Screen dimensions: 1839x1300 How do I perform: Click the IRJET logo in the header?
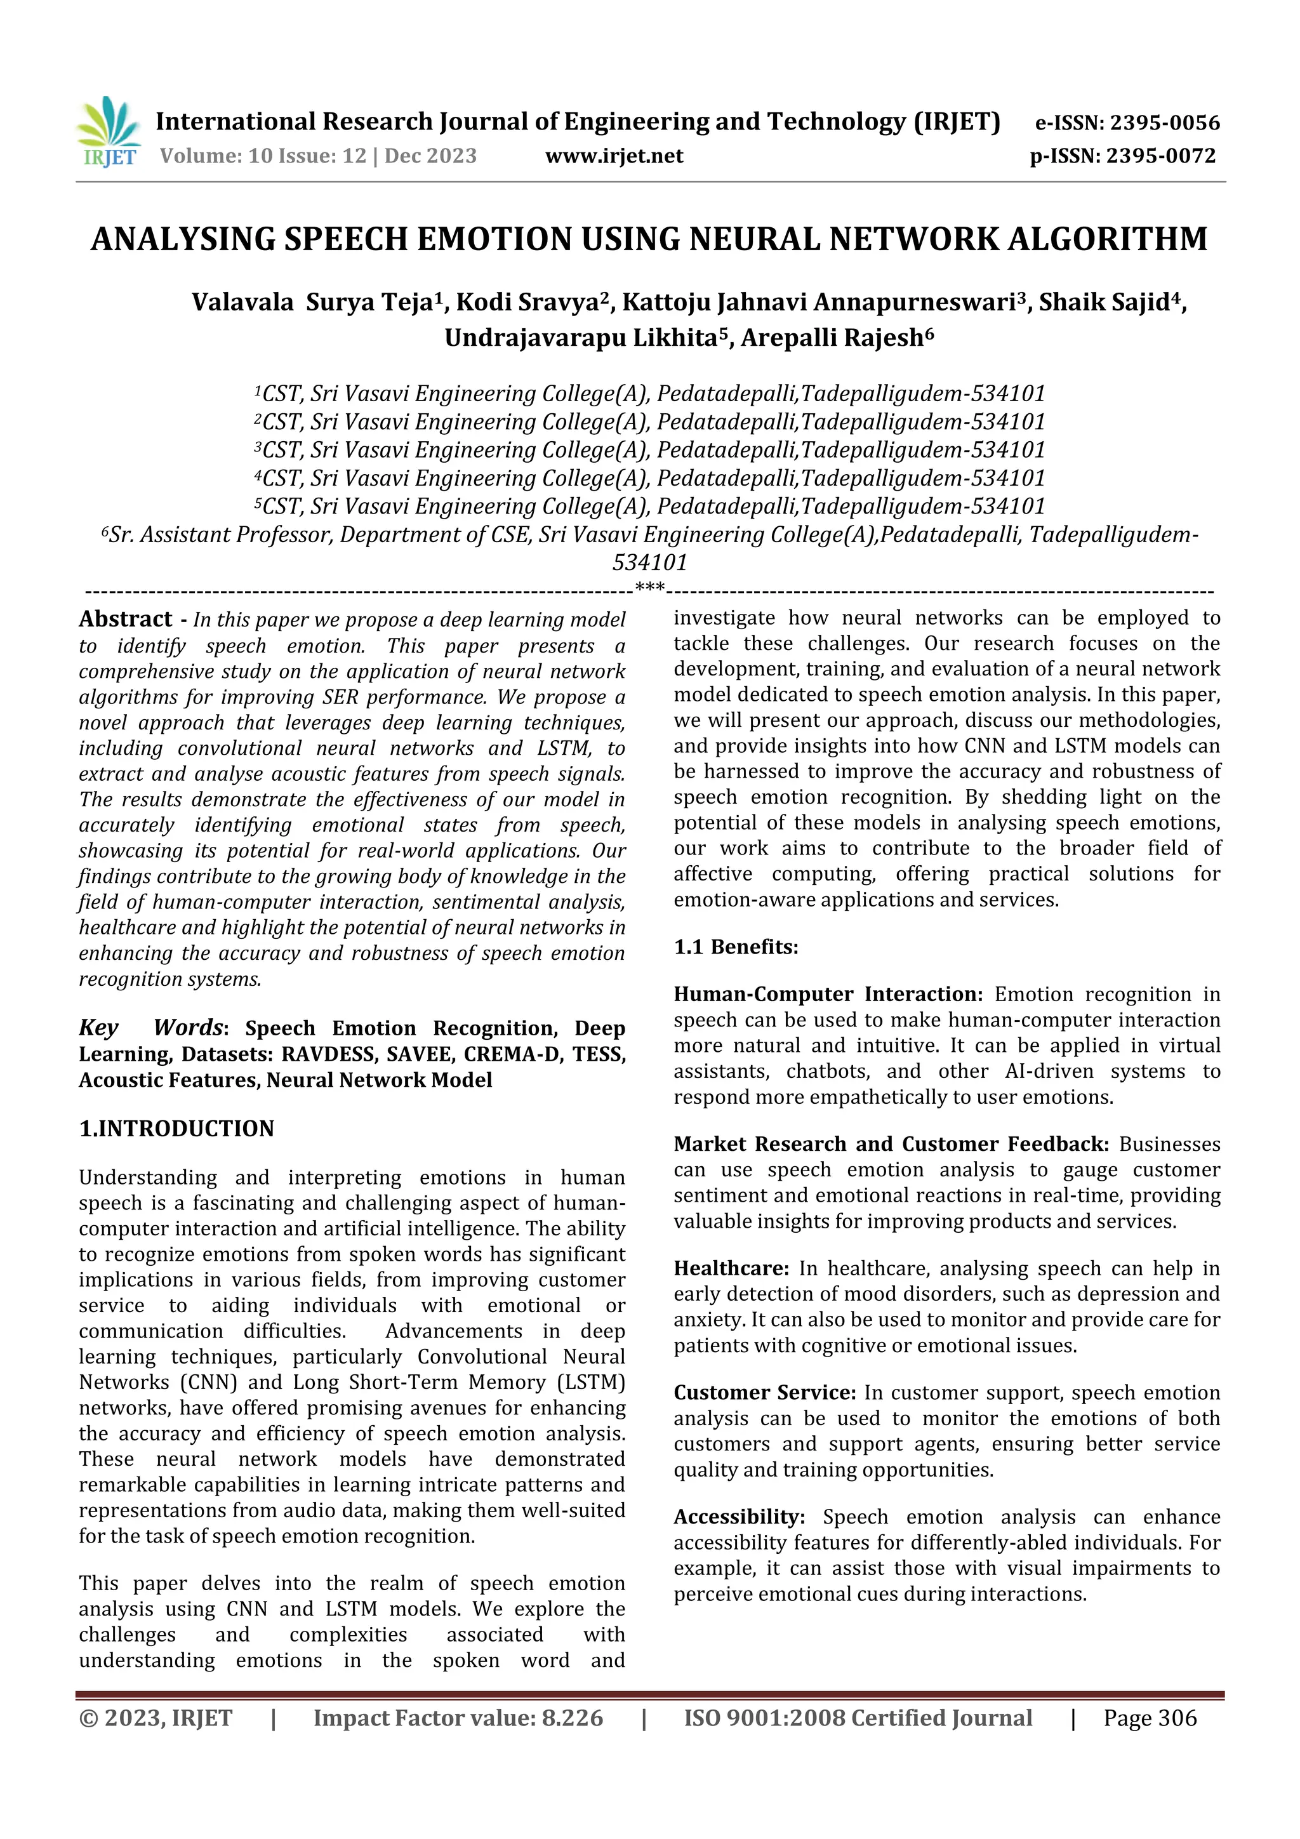coord(108,133)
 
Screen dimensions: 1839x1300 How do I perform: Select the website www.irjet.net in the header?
coord(614,156)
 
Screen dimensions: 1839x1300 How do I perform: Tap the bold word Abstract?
coord(125,619)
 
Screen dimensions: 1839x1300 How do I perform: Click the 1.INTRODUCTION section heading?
coord(176,1129)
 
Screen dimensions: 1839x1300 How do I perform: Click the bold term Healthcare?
coord(731,1269)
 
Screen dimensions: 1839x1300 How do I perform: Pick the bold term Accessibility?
coord(738,1517)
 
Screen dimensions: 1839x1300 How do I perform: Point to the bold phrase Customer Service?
coord(765,1393)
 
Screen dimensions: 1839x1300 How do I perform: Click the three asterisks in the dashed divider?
coord(649,588)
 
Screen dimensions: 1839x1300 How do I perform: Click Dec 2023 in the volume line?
coord(430,156)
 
